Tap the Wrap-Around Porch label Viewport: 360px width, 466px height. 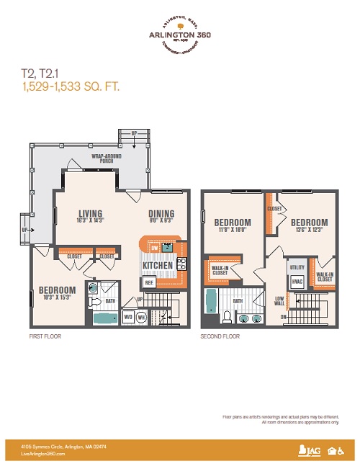click(x=104, y=158)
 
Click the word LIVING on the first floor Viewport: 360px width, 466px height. click(x=90, y=213)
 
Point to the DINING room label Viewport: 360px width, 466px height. click(x=161, y=213)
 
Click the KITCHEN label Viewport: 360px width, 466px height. click(x=157, y=266)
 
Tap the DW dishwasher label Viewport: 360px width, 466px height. click(x=154, y=248)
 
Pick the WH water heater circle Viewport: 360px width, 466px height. click(x=141, y=315)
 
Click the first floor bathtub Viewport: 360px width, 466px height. click(x=107, y=318)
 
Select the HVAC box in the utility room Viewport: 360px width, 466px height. click(x=297, y=282)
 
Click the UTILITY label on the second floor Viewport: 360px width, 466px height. click(x=297, y=266)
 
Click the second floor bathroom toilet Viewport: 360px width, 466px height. click(x=228, y=318)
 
